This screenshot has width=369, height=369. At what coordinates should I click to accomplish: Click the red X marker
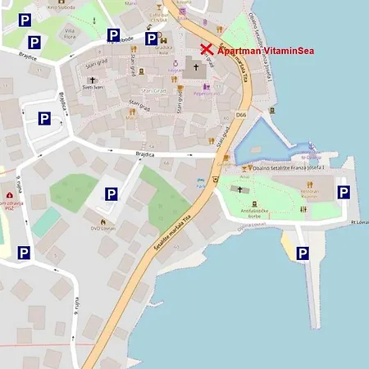207,51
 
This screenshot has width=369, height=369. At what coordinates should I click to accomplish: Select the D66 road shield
241,116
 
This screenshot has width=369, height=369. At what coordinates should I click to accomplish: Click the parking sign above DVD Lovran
112,194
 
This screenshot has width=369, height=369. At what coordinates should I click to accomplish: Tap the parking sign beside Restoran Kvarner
344,193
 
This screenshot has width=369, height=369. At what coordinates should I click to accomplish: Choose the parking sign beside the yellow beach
303,254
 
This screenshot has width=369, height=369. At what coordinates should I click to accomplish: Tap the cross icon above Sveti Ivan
92,81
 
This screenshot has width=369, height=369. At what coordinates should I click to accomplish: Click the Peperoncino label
203,93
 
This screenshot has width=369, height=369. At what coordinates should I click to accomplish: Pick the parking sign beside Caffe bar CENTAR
152,39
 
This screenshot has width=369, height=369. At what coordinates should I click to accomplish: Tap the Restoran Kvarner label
309,197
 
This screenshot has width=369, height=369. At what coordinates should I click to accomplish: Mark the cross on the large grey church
196,68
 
